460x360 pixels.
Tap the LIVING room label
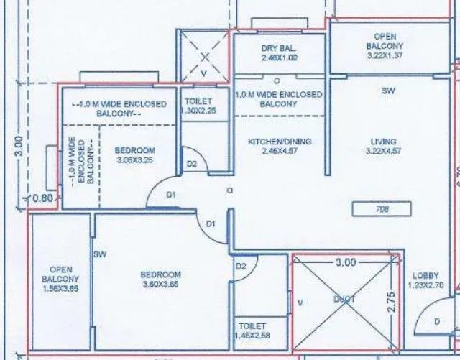coord(383,142)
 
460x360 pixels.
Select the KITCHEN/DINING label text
coord(280,142)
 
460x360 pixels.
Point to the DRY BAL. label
coord(280,49)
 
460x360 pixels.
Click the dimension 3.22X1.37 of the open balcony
coord(385,54)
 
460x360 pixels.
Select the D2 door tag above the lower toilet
coord(241,266)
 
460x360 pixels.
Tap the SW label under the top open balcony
coord(387,91)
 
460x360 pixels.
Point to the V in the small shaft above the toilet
coord(203,72)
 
